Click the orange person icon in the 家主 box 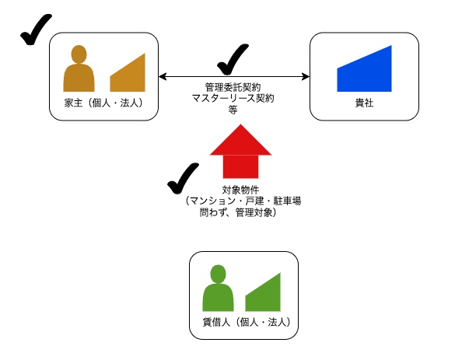point(79,69)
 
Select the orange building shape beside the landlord point(128,75)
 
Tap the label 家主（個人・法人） point(103,103)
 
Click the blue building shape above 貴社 point(364,69)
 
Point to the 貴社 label point(363,103)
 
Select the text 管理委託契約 point(233,87)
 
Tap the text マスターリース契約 point(233,99)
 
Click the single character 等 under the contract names point(233,110)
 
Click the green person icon point(219,289)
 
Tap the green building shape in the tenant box point(263,294)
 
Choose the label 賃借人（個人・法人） point(242,322)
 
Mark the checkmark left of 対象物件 point(184,179)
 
